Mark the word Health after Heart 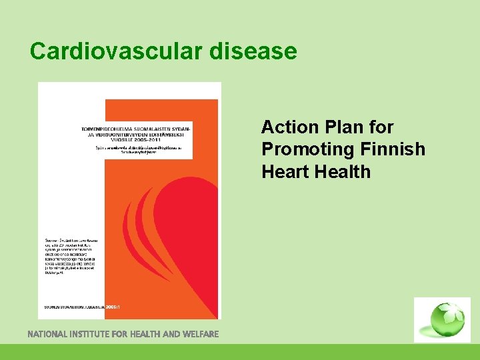click(345, 171)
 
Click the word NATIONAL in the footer click(53, 333)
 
